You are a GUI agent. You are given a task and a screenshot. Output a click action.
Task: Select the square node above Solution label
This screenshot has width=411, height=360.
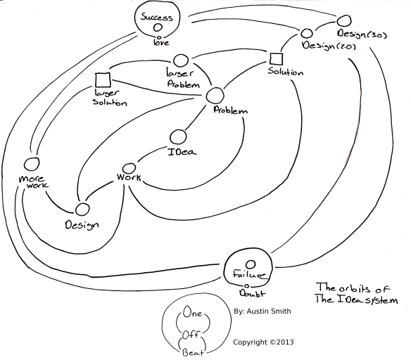click(276, 58)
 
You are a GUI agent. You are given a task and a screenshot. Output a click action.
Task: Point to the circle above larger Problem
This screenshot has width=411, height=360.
click(180, 60)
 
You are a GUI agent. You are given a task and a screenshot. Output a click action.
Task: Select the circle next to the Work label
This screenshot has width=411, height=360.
click(127, 169)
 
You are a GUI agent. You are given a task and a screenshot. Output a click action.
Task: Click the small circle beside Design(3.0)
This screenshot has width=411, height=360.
click(344, 20)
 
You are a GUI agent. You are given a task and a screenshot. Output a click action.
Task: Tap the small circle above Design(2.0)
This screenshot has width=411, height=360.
click(307, 33)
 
